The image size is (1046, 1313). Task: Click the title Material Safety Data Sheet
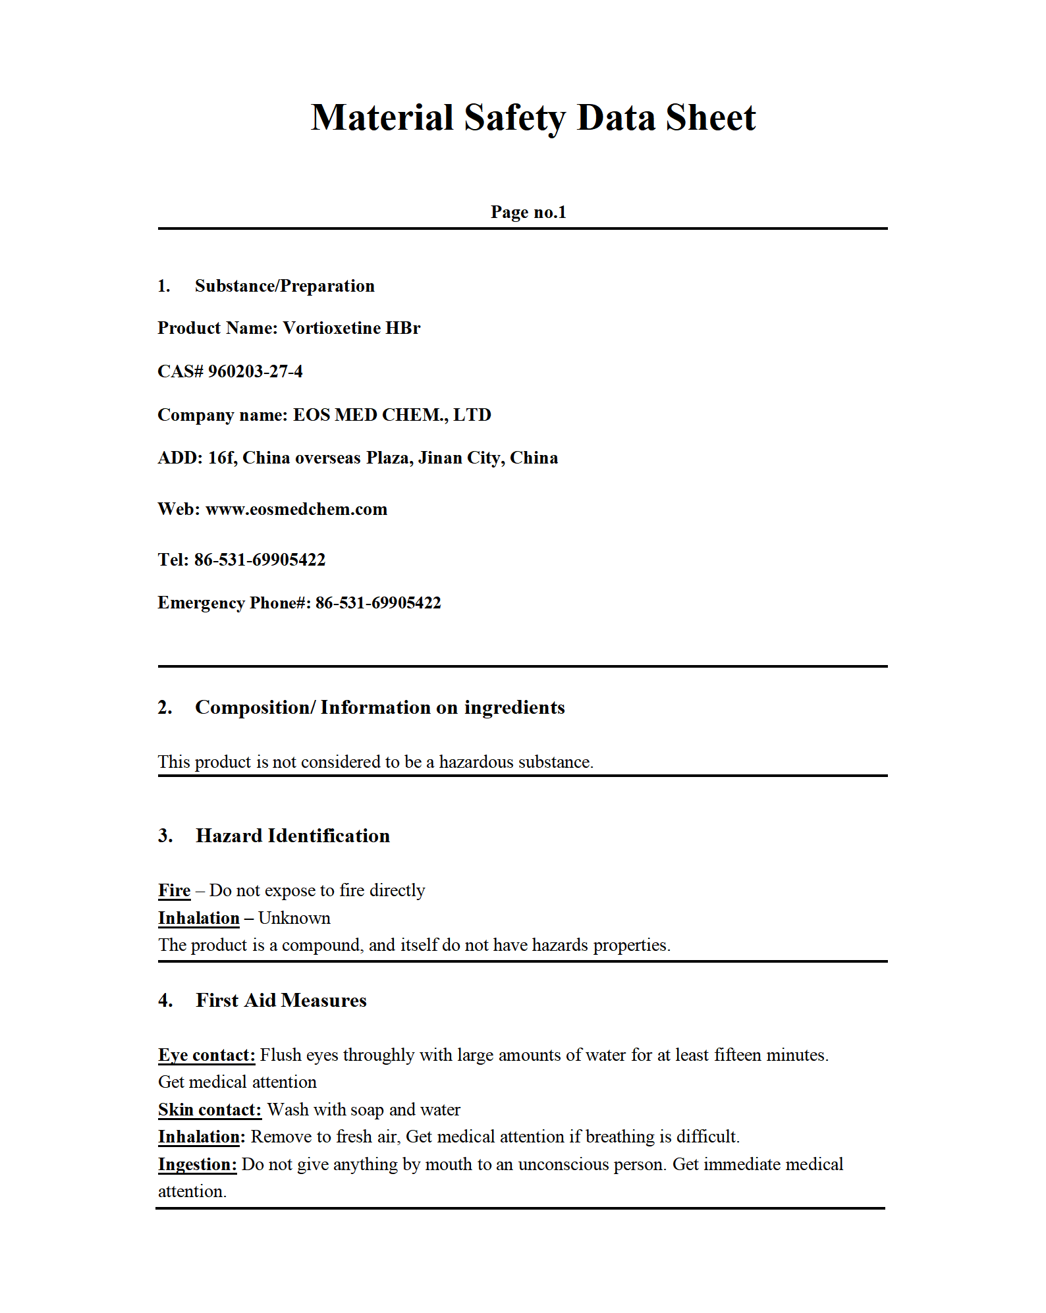[533, 118]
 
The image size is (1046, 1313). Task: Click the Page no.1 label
[528, 212]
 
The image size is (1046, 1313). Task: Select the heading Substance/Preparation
[285, 286]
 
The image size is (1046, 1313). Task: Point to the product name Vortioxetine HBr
[351, 328]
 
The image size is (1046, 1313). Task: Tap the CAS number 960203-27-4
[255, 371]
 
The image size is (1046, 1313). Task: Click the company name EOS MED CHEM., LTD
[392, 415]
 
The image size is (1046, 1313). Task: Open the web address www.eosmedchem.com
[296, 509]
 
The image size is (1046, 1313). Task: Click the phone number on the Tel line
[260, 560]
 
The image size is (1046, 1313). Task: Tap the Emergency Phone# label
[234, 603]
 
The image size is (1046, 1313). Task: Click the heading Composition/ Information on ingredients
[380, 707]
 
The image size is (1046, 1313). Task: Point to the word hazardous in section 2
[476, 762]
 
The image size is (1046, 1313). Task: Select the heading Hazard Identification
[292, 836]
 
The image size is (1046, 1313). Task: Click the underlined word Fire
[174, 890]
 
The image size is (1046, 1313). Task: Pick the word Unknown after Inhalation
[294, 918]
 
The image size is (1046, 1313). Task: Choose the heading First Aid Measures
[281, 1000]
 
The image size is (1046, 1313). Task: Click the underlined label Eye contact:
[206, 1055]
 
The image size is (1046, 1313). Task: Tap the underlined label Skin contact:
[209, 1110]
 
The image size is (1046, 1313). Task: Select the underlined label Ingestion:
[197, 1164]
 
